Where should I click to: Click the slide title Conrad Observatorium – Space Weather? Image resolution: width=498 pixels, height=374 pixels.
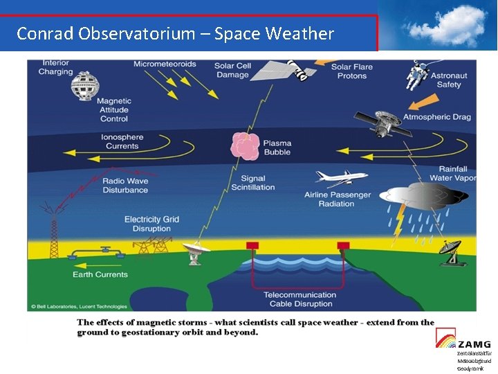(175, 33)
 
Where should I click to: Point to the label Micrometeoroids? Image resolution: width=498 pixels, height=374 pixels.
(165, 64)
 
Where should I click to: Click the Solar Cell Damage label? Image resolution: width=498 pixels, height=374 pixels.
(232, 71)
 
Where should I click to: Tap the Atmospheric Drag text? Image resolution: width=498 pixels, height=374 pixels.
(437, 117)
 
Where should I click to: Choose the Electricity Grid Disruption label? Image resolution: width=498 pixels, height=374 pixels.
(151, 224)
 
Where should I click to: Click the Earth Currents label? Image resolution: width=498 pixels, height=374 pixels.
(100, 274)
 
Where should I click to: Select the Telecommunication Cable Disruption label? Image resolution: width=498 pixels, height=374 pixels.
(299, 299)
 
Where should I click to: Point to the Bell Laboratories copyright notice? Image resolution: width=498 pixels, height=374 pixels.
(78, 306)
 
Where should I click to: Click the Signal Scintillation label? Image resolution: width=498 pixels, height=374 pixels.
(252, 183)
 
